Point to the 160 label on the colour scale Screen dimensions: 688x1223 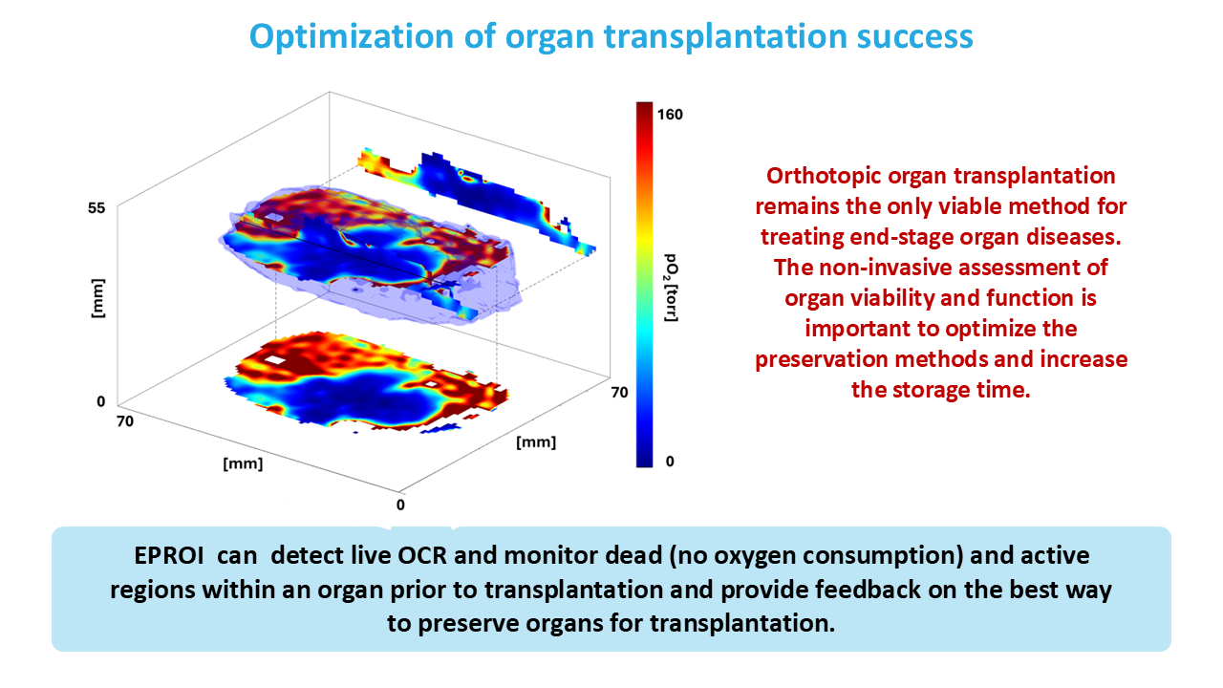671,114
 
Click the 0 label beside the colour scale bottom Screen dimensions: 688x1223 670,462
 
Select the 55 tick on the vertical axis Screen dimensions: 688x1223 97,206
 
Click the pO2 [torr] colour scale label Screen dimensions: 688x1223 672,287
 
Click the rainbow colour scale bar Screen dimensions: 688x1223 644,284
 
